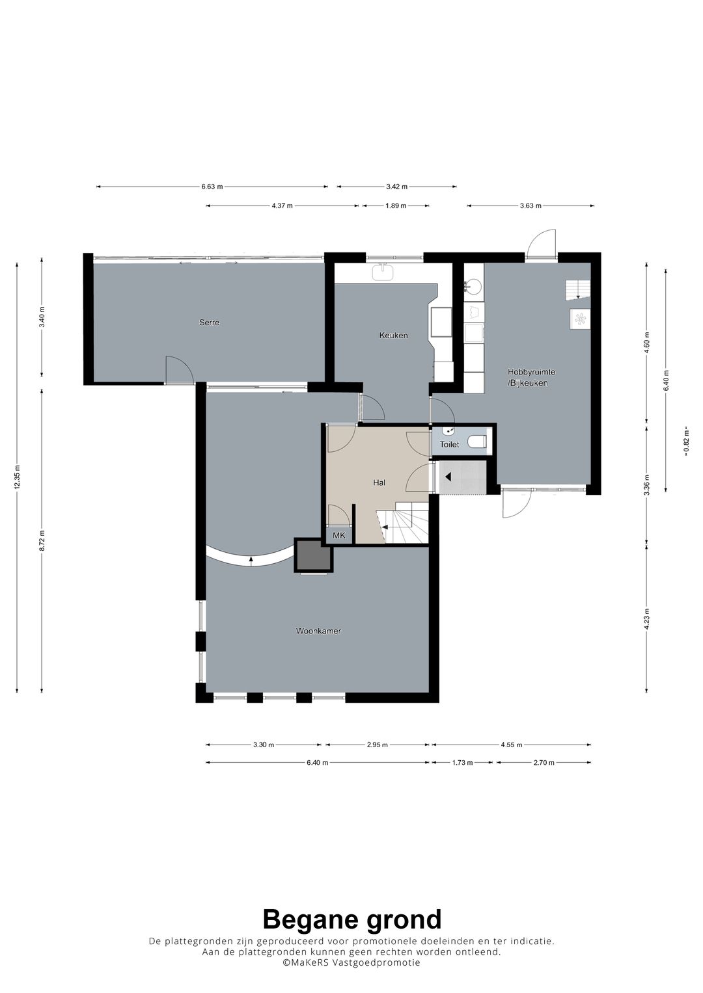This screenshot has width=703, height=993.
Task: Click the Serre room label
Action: pyautogui.click(x=209, y=323)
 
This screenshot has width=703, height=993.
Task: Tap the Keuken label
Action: pyautogui.click(x=393, y=336)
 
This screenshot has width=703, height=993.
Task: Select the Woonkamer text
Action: pyautogui.click(x=318, y=631)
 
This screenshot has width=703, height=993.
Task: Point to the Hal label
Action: pyautogui.click(x=379, y=483)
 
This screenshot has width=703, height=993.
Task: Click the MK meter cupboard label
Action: pyautogui.click(x=339, y=535)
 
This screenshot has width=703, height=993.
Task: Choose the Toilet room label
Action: pyautogui.click(x=449, y=444)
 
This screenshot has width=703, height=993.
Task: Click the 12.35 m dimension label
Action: pyautogui.click(x=17, y=477)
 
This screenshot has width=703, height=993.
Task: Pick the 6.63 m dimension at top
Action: pyautogui.click(x=212, y=187)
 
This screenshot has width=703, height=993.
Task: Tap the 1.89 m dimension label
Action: pyautogui.click(x=396, y=205)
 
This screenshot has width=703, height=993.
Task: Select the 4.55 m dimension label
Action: pyautogui.click(x=511, y=745)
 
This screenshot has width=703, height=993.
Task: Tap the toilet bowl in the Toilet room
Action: pyautogui.click(x=478, y=442)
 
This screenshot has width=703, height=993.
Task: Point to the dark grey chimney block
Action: pyautogui.click(x=314, y=555)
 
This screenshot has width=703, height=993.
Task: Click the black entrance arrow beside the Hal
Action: pyautogui.click(x=448, y=477)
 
